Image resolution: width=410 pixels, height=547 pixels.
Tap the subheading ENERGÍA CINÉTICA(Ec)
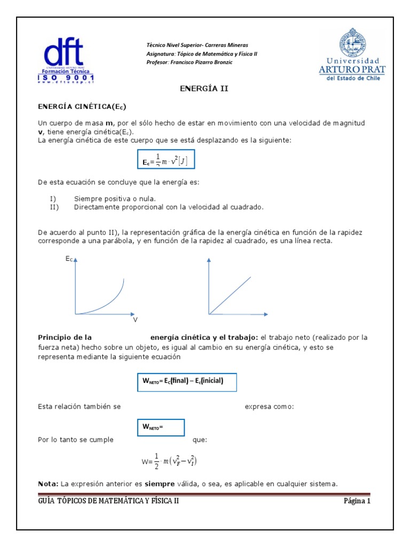pos(81,106)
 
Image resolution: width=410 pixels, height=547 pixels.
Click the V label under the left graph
pos(135,320)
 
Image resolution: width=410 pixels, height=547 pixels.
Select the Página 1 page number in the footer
pos(356,501)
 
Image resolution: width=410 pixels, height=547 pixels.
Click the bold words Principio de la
pos(65,338)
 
